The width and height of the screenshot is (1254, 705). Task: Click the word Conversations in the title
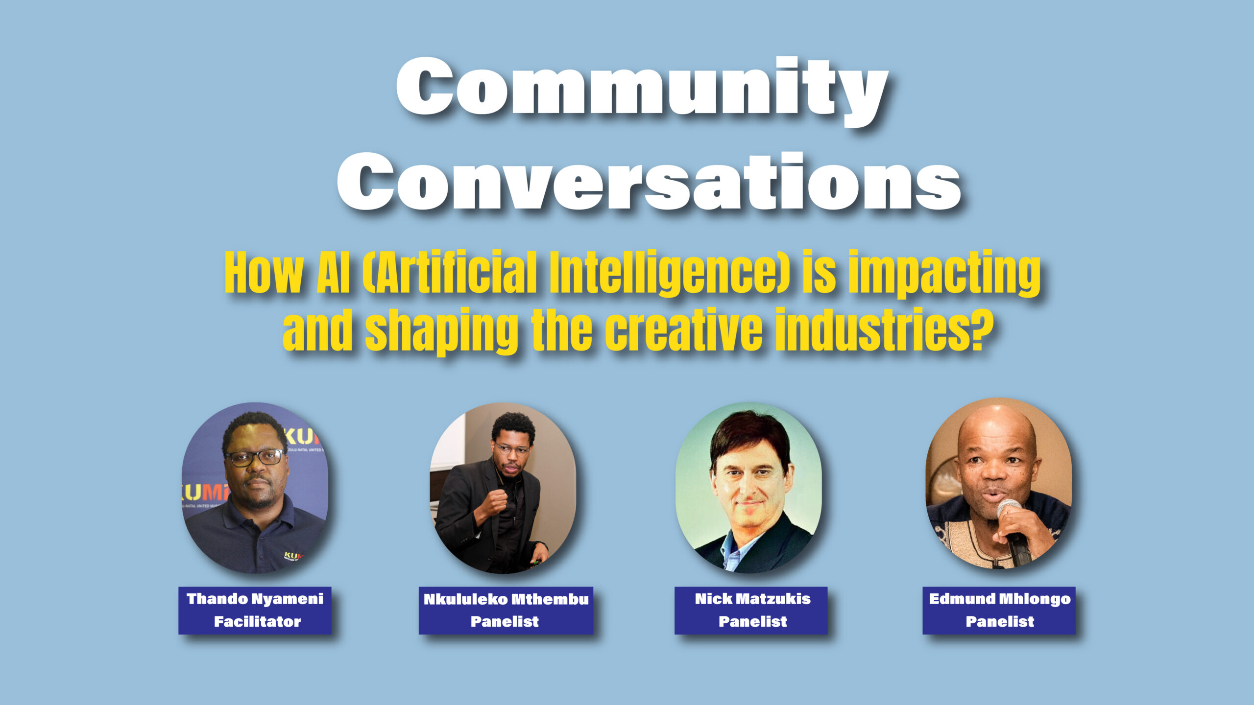click(x=649, y=181)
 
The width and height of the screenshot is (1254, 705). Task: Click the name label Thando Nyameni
click(x=255, y=599)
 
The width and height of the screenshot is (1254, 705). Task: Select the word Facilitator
click(x=257, y=621)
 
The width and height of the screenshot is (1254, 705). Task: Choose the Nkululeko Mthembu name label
click(x=506, y=599)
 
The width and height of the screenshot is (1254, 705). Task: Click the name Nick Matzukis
click(x=752, y=598)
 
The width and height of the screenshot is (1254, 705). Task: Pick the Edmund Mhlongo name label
click(x=1000, y=599)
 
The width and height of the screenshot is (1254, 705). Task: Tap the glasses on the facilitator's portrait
click(x=254, y=458)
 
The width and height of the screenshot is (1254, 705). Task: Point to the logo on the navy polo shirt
click(x=293, y=556)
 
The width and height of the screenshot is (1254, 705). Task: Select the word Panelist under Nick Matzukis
click(x=752, y=621)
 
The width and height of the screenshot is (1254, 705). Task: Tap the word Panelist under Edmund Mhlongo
click(x=1000, y=621)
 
